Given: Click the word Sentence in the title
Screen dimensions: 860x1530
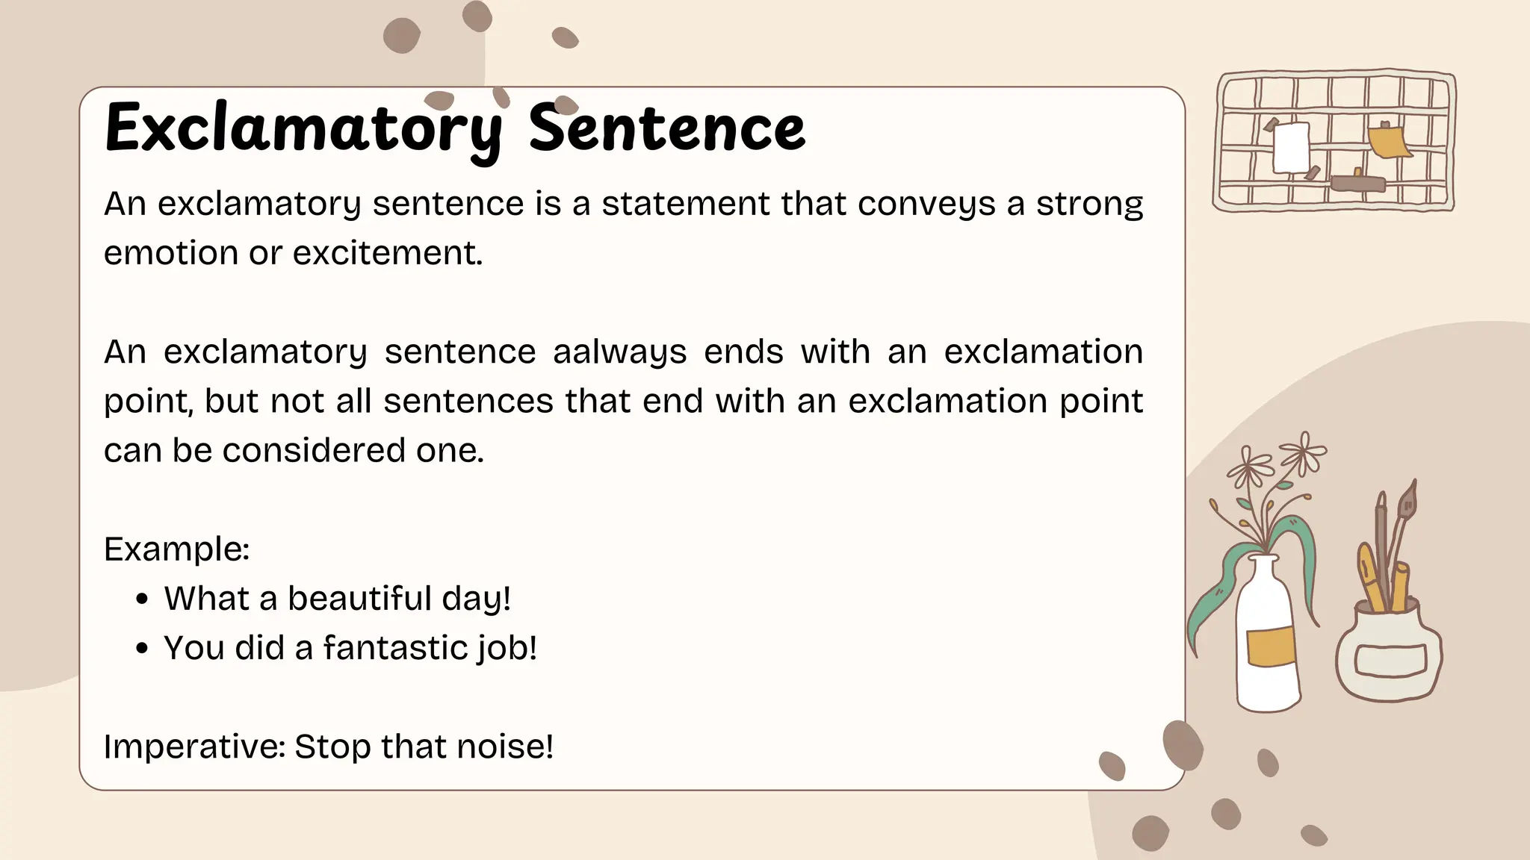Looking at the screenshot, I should pyautogui.click(x=666, y=129).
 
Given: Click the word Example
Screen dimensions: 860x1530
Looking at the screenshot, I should pyautogui.click(x=176, y=549).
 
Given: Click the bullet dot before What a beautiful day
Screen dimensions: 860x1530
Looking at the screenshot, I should pyautogui.click(x=143, y=599).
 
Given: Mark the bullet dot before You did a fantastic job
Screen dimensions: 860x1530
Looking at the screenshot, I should pyautogui.click(x=143, y=649).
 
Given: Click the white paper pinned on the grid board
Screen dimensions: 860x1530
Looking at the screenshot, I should pyautogui.click(x=1291, y=147).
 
